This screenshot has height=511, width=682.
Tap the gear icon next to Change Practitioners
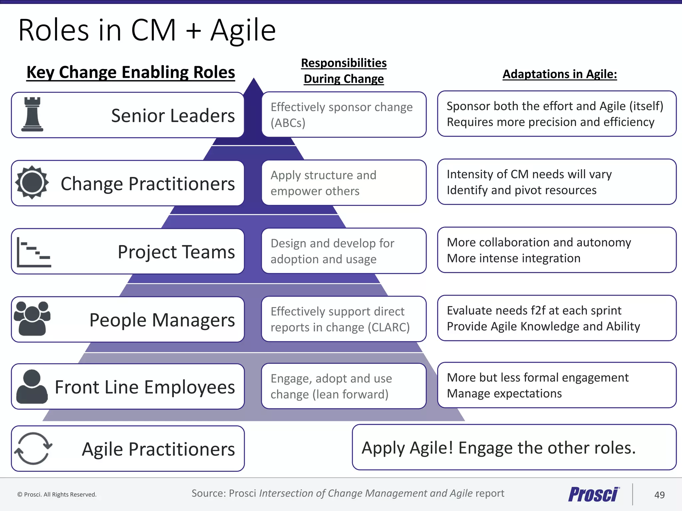[x=32, y=182]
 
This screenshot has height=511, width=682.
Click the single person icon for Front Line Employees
[x=32, y=387]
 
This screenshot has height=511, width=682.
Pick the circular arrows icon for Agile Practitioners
[x=33, y=448]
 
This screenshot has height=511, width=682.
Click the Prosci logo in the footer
[x=594, y=494]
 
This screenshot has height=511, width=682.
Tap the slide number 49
[x=659, y=495]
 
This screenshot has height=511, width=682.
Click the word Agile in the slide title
[x=243, y=31]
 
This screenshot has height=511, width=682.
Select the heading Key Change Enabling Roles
[x=131, y=72]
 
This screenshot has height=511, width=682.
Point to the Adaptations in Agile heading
[x=559, y=74]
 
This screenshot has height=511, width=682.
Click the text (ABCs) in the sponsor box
[x=288, y=123]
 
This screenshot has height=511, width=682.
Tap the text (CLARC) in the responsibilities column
[x=388, y=327]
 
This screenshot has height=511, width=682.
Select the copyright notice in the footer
[x=57, y=495]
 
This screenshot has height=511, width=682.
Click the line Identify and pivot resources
[x=521, y=190]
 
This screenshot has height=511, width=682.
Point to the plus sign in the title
[x=193, y=31]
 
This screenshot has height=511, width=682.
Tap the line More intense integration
[x=513, y=258]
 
